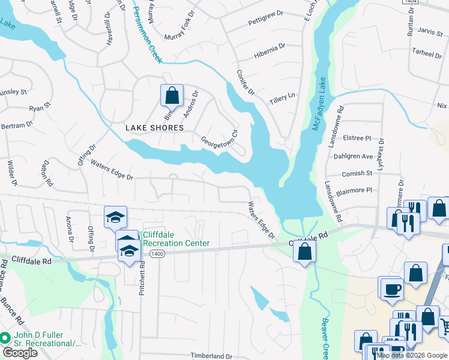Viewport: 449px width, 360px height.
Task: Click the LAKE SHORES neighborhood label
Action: coord(154,128)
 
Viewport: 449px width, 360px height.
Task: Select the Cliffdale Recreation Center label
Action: coord(175,239)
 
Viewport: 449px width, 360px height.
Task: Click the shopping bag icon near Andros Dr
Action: coord(172,95)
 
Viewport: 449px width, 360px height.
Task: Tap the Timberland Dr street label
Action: coord(211,356)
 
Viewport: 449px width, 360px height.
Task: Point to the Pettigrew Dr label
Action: coord(265,23)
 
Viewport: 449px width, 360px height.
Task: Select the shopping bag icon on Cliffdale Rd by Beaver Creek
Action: coord(305,251)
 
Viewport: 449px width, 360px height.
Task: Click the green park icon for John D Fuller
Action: coord(6,338)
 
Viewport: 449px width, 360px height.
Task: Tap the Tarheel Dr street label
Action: coord(427,53)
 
